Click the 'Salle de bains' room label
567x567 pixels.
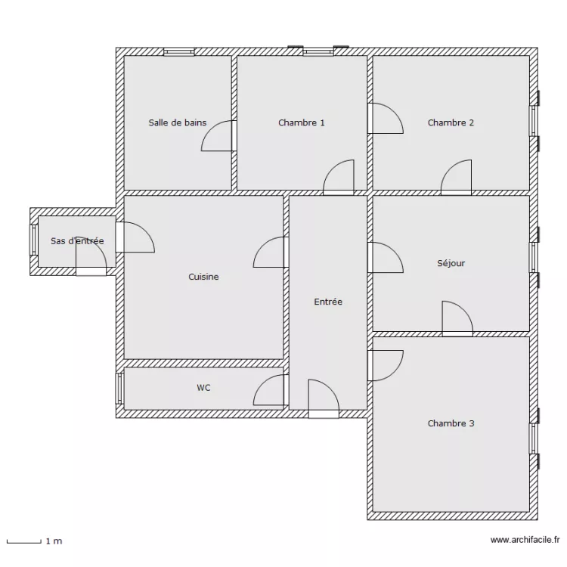(177, 122)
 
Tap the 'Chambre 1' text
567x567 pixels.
(302, 122)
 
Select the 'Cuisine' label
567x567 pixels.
(203, 277)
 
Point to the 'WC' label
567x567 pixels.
(203, 388)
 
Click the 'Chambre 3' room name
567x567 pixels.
(451, 423)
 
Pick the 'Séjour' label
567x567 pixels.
(451, 264)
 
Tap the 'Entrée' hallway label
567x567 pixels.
(328, 302)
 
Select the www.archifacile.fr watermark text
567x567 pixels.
(525, 540)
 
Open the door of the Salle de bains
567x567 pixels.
(219, 136)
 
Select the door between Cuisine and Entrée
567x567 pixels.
(271, 253)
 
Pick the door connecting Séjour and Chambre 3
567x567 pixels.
(457, 318)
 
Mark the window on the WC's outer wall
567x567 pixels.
(119, 388)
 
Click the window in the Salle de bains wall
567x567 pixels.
(178, 52)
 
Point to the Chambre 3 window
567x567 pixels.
(533, 438)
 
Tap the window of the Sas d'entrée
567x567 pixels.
(34, 240)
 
